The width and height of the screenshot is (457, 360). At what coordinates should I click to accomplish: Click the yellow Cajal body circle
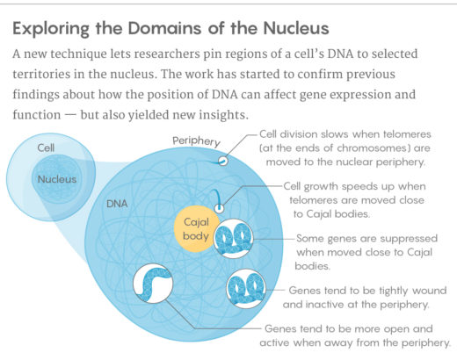(194, 229)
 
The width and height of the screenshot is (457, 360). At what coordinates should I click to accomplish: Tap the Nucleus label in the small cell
(57, 179)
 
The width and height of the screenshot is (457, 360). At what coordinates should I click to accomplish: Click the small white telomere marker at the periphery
(222, 161)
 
